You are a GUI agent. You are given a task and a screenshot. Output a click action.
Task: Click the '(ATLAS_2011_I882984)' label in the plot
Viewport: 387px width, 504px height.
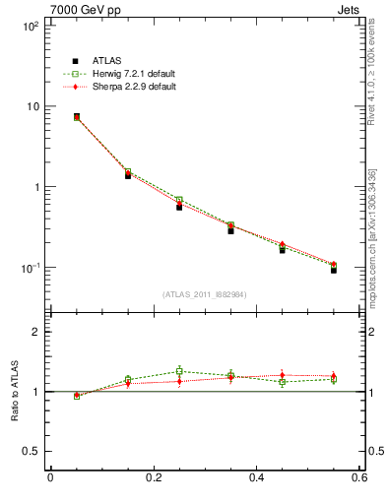pyautogui.click(x=205, y=294)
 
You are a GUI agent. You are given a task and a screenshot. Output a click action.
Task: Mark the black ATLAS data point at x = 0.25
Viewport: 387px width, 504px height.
pyautogui.click(x=179, y=207)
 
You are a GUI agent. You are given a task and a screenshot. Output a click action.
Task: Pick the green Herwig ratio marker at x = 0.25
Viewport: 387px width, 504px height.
pyautogui.click(x=179, y=371)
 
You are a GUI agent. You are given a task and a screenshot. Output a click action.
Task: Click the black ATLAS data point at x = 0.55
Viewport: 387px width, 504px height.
pyautogui.click(x=334, y=269)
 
